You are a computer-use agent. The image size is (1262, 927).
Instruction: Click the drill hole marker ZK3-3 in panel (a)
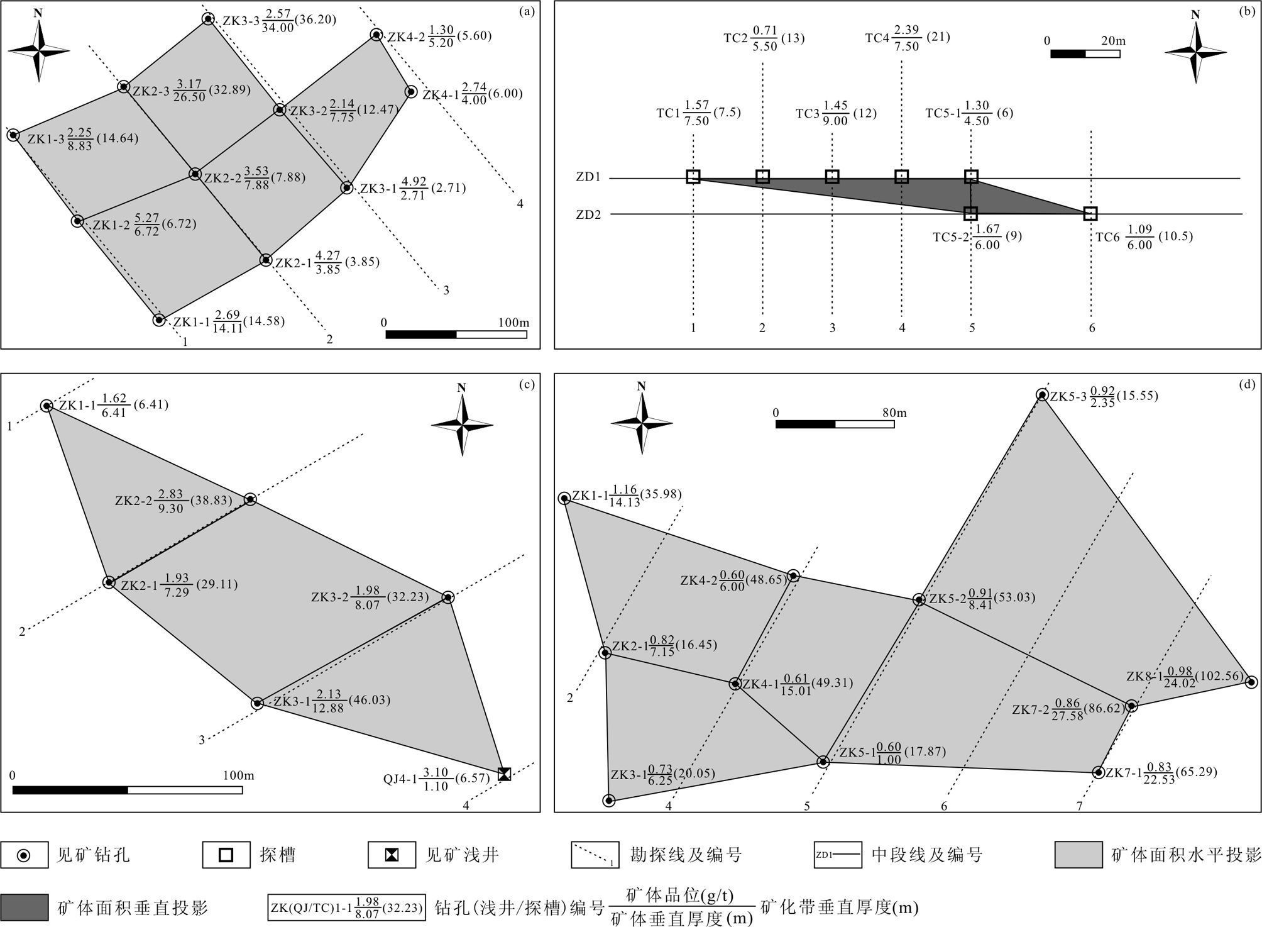click(x=208, y=19)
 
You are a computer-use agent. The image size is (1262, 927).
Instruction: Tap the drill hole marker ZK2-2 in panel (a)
click(x=195, y=174)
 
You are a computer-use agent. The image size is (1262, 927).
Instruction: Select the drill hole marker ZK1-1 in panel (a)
click(x=160, y=320)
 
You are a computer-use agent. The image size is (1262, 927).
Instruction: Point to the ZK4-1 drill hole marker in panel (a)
click(x=410, y=92)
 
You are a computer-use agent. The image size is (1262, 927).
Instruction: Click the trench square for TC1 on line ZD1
click(x=693, y=177)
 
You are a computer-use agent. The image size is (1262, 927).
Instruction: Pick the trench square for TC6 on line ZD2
click(x=1090, y=214)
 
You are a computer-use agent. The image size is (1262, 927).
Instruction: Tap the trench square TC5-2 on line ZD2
click(x=971, y=214)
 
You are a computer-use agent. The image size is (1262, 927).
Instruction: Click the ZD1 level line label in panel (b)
click(x=588, y=177)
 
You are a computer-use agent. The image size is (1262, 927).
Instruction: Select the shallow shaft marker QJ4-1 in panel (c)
click(x=504, y=774)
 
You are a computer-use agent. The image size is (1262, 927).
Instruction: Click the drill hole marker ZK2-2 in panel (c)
click(x=250, y=499)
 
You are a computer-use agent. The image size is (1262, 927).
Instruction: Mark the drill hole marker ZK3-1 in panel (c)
click(x=257, y=703)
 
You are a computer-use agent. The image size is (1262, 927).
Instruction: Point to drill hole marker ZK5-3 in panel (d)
click(x=1042, y=395)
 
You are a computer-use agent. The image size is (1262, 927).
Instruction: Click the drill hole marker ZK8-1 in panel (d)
click(x=1251, y=682)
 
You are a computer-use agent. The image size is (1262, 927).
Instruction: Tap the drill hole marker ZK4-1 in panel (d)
click(x=735, y=684)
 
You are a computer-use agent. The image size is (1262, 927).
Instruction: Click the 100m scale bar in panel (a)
click(x=456, y=335)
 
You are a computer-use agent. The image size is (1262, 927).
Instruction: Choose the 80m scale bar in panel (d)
click(x=835, y=424)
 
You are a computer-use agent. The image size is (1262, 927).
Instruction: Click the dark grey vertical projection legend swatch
click(x=25, y=907)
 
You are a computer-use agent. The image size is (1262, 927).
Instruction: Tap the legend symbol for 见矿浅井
click(x=392, y=855)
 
